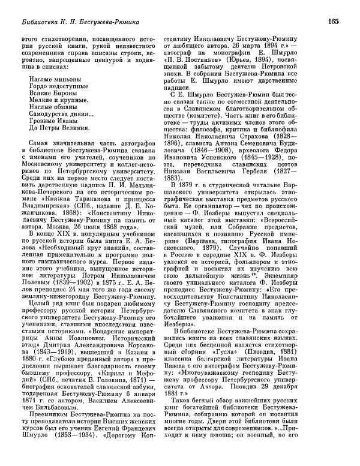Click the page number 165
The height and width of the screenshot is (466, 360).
pos(334,22)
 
